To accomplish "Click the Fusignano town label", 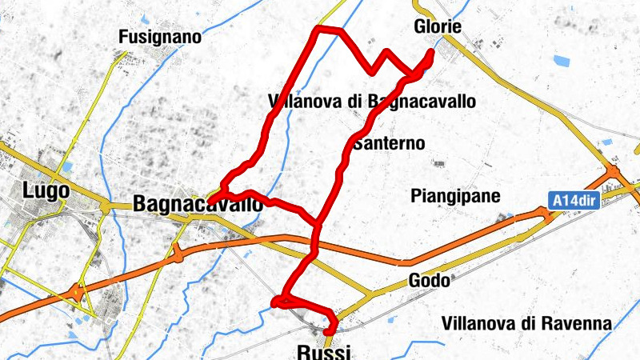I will [159, 37].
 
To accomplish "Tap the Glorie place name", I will [438, 26].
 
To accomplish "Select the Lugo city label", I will [46, 191].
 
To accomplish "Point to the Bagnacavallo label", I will [198, 204].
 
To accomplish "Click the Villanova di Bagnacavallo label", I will [373, 102].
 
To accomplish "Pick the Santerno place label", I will [389, 143].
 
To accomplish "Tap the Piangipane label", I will [455, 196].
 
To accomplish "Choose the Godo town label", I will [429, 281].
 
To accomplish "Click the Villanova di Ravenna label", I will [526, 324].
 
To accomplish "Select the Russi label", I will [323, 351].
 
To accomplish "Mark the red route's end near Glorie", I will [431, 54].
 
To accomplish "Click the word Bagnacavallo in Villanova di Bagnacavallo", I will [422, 102].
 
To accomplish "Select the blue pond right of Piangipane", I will [506, 217].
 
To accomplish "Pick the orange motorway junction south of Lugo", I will [78, 293].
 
